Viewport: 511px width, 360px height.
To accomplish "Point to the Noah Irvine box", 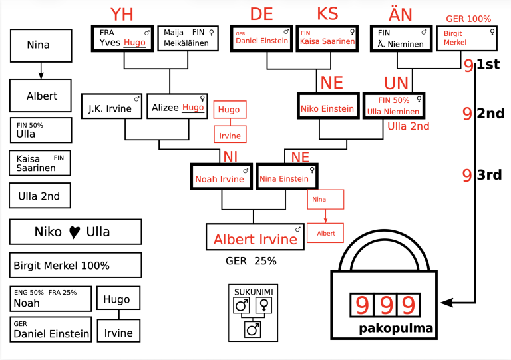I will click(x=220, y=178).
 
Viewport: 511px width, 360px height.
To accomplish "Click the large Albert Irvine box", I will click(x=255, y=238).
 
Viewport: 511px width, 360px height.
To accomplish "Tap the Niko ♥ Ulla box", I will click(x=75, y=232).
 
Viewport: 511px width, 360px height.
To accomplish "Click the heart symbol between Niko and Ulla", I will click(x=75, y=232).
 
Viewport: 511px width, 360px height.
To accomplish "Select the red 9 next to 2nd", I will click(x=467, y=114).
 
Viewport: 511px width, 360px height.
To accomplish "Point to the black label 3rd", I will click(x=489, y=175).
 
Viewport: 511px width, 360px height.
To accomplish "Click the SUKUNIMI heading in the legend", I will click(x=251, y=292).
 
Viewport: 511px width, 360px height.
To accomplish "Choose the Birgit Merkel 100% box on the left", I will click(x=75, y=265).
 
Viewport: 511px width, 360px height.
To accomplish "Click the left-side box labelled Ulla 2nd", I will click(x=40, y=196).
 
